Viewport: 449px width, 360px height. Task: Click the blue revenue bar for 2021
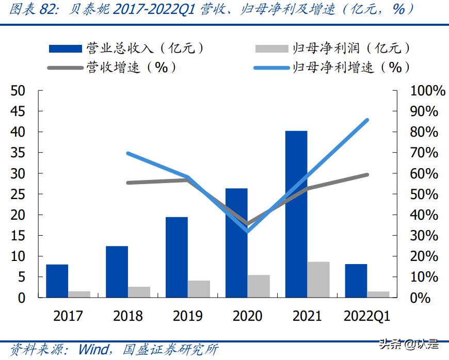coord(296,214)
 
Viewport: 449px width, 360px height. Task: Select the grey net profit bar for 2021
coord(318,280)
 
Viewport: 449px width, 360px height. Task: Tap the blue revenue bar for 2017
coord(57,281)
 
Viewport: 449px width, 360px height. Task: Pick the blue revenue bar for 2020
coord(236,243)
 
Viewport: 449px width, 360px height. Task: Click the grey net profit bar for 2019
coord(199,289)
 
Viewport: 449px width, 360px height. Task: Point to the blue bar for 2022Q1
coord(356,281)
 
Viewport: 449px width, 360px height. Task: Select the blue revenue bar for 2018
coord(117,272)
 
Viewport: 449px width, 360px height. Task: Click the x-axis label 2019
coord(187,316)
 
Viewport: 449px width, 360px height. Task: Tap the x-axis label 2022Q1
coord(367,316)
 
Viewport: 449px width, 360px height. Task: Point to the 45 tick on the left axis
coord(18,111)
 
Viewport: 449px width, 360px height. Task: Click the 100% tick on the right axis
coord(428,91)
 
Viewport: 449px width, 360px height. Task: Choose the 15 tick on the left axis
coord(18,236)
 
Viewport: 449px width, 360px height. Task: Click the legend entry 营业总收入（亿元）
coord(126,48)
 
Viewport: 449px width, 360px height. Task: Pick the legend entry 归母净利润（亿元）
coord(333,48)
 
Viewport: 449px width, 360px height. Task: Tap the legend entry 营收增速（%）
coord(112,68)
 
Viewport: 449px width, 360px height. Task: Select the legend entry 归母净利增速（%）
coord(333,68)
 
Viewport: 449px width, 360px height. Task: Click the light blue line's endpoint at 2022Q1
coord(367,120)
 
